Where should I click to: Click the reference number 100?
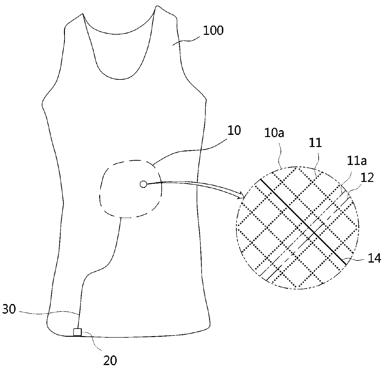point(213,31)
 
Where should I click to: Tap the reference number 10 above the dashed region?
point(234,131)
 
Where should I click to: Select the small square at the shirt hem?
point(77,332)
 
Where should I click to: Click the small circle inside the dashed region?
point(143,184)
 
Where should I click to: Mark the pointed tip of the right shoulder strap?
point(155,7)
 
